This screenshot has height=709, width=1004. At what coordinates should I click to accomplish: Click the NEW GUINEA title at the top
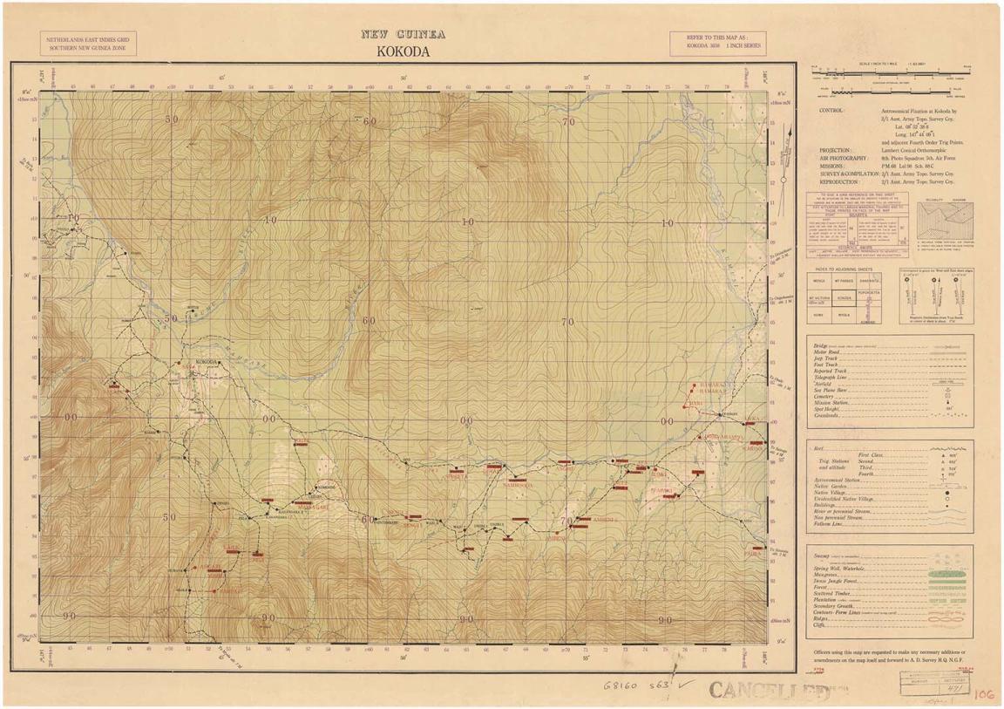[403, 35]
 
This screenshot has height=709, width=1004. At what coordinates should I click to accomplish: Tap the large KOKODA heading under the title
[403, 51]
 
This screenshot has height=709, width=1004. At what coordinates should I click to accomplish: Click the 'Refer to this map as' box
[717, 44]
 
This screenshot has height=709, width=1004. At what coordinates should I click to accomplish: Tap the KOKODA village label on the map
[206, 362]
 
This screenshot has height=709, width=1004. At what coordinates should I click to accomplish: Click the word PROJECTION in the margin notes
[835, 150]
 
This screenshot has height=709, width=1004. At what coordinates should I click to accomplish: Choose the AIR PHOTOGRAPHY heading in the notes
[842, 159]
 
